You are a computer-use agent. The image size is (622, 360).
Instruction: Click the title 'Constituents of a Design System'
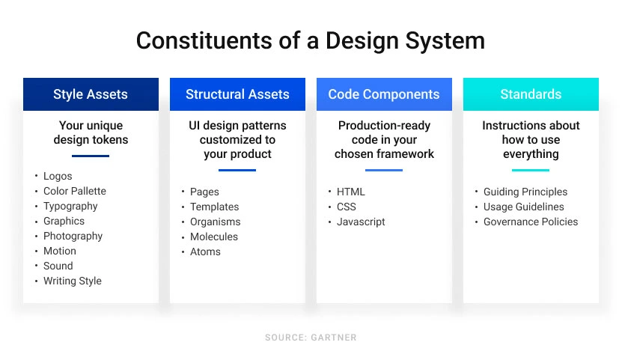311,40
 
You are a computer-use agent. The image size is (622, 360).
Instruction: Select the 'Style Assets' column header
91,94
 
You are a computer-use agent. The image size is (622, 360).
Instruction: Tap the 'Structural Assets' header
237,94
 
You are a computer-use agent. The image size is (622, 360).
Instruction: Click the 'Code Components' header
384,94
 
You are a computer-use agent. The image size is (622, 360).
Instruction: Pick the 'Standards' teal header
531,94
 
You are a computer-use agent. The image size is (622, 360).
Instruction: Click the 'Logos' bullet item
58,176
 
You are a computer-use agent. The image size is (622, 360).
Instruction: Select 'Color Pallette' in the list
75,191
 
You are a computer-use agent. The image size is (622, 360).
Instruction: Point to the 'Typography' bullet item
70,206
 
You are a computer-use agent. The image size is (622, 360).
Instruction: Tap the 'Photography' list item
73,236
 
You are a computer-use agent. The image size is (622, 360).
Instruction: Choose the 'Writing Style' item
72,281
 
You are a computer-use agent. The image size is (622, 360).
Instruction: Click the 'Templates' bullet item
214,207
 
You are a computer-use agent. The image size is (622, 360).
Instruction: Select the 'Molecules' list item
214,237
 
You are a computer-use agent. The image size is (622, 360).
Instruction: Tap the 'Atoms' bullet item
205,251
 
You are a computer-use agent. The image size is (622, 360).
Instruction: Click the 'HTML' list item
351,192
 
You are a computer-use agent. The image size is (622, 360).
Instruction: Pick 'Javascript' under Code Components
361,222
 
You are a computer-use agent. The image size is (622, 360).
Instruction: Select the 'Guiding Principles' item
525,192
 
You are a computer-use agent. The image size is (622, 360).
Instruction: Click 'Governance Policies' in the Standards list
531,222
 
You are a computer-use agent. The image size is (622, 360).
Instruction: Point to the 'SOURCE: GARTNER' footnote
311,338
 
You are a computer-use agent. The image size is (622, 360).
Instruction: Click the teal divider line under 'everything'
531,170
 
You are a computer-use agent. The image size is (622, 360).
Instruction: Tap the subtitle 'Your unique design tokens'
91,132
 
